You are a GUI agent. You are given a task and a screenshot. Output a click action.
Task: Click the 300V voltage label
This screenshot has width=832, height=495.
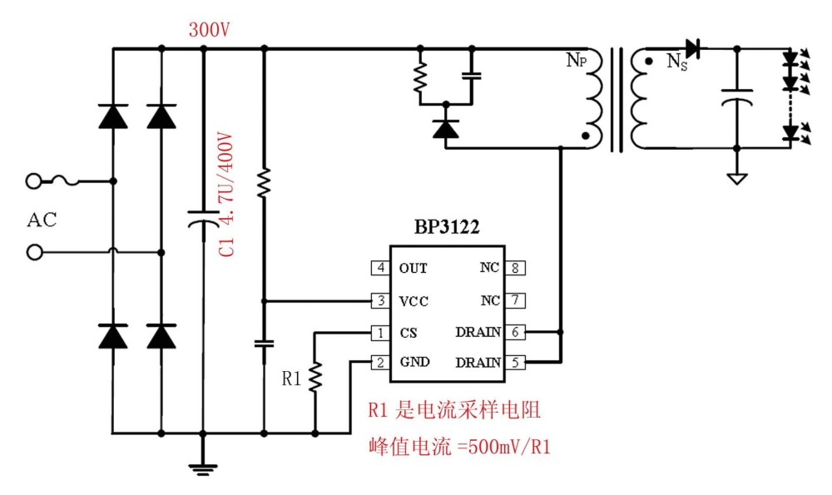click(209, 30)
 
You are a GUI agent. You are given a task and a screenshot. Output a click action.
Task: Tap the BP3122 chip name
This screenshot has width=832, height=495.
click(448, 227)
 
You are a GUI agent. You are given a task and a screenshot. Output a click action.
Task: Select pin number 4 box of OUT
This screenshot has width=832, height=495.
click(379, 268)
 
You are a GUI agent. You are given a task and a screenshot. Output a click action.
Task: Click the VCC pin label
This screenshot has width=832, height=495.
click(414, 300)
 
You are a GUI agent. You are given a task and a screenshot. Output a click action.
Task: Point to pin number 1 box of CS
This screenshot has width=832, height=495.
click(379, 333)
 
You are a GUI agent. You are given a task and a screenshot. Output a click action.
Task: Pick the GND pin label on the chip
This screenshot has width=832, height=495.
click(414, 363)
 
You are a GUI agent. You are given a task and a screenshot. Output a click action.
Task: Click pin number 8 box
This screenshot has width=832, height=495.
click(515, 268)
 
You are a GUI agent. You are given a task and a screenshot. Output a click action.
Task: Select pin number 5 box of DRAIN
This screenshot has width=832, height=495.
click(515, 363)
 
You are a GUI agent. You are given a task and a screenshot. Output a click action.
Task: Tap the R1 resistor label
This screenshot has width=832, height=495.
click(291, 379)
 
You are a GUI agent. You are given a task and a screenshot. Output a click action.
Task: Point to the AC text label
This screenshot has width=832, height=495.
click(42, 220)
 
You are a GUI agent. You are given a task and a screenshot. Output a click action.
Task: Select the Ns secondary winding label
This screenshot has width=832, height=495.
click(677, 62)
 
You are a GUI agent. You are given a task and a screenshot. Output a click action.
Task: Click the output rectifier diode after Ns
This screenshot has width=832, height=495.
click(691, 48)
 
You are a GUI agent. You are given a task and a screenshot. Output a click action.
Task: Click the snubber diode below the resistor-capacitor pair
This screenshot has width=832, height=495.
click(447, 129)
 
